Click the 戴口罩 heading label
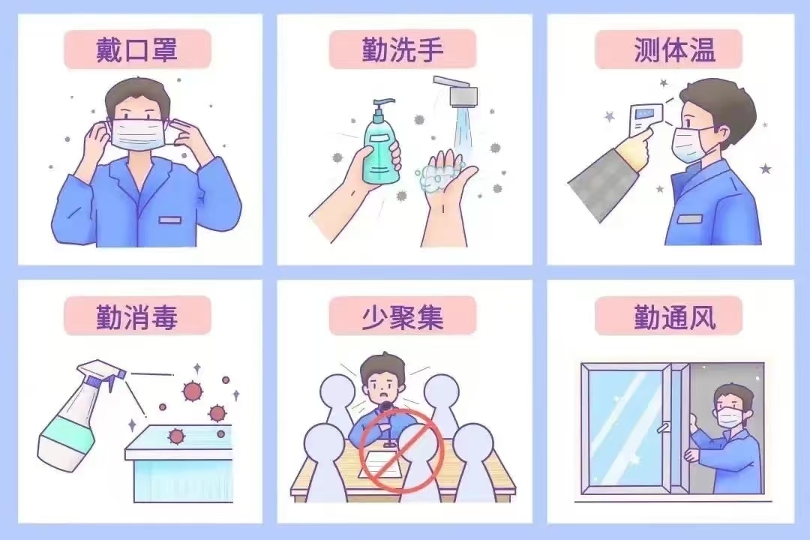137,50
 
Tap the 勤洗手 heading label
403,50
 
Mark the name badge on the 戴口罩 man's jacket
170,220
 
